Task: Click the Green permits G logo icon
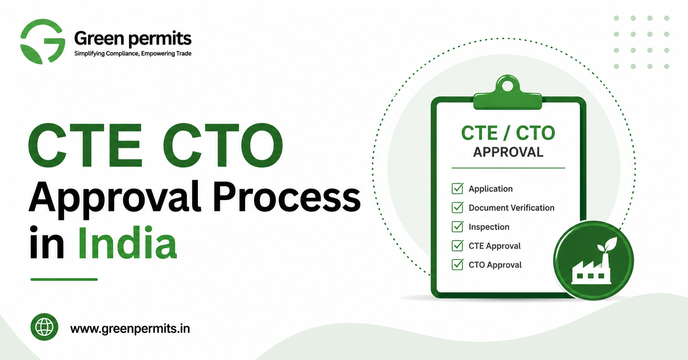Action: click(x=42, y=41)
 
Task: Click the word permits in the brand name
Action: click(x=160, y=39)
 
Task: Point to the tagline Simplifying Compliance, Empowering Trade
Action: click(x=133, y=54)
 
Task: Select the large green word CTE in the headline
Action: click(x=85, y=145)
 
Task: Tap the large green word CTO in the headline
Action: click(x=223, y=145)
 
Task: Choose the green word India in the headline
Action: click(x=127, y=243)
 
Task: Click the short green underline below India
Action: click(x=64, y=279)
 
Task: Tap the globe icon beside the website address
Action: click(x=44, y=327)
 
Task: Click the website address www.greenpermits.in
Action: click(x=130, y=329)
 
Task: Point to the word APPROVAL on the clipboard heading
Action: click(x=508, y=152)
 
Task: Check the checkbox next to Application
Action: click(x=457, y=188)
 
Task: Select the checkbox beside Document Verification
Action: click(x=457, y=207)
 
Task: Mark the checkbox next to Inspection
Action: click(x=457, y=226)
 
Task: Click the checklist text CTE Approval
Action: click(x=494, y=246)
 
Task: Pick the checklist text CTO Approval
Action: click(x=495, y=265)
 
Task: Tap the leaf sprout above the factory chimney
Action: click(x=607, y=244)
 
